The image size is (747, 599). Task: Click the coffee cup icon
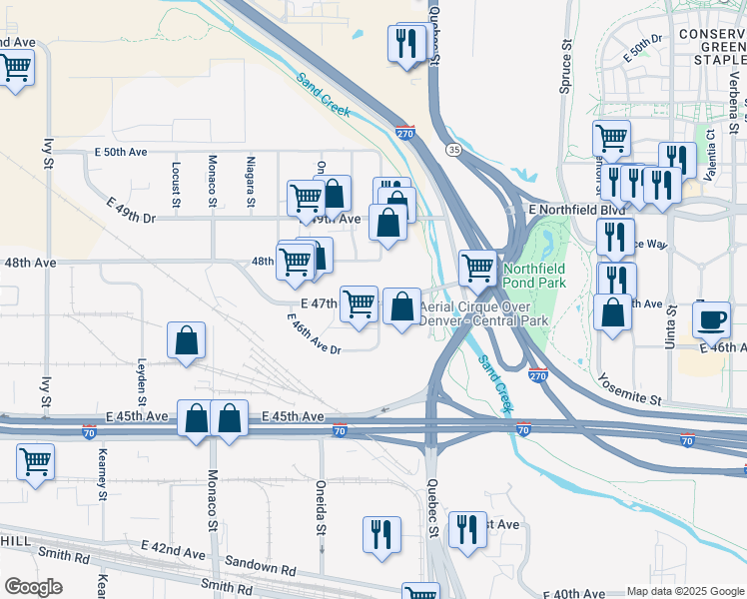(711, 319)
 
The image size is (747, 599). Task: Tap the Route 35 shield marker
(454, 149)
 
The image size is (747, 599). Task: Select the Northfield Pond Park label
(534, 276)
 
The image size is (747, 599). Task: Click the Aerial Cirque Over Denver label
(484, 314)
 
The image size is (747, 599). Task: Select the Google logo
(33, 586)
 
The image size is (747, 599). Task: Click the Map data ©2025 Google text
(684, 591)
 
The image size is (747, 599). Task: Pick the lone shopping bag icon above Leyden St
(187, 341)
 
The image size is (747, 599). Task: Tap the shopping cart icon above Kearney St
(36, 462)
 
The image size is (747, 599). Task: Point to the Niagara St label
(250, 177)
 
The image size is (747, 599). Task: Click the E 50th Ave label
(120, 152)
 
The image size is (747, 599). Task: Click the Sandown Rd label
(261, 569)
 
